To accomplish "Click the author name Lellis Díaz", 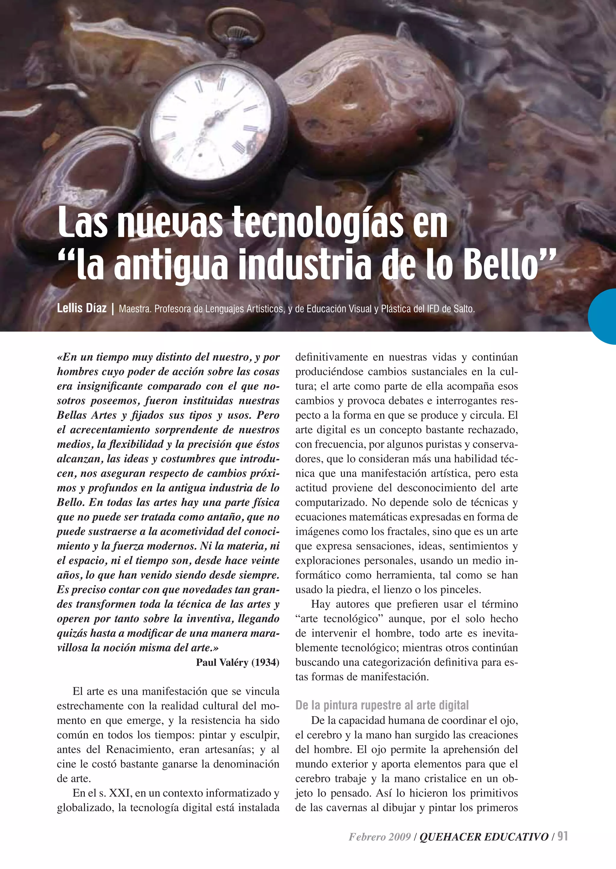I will tap(82, 308).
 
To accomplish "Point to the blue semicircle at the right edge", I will tap(604, 316).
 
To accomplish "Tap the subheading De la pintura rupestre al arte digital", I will tap(382, 705).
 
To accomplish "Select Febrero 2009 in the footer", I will tap(380, 837).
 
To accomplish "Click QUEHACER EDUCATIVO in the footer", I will tap(484, 837).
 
